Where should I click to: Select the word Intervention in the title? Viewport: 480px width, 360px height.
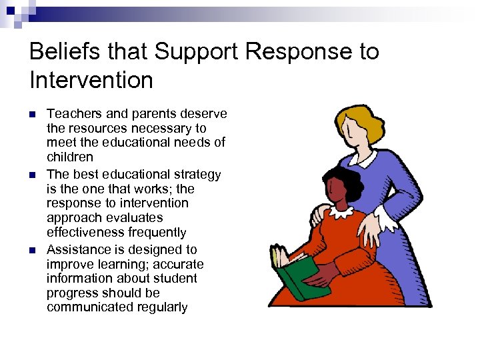91,81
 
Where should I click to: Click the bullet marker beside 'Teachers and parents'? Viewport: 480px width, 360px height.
33,114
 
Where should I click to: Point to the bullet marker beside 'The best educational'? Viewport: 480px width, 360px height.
33,175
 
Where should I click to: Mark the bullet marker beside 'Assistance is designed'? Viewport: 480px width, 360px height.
33,250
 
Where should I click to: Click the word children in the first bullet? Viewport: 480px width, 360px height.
70,157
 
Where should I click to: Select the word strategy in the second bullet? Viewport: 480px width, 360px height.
198,175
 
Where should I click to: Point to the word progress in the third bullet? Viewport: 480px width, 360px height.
69,293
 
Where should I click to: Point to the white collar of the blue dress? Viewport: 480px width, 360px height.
365,160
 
